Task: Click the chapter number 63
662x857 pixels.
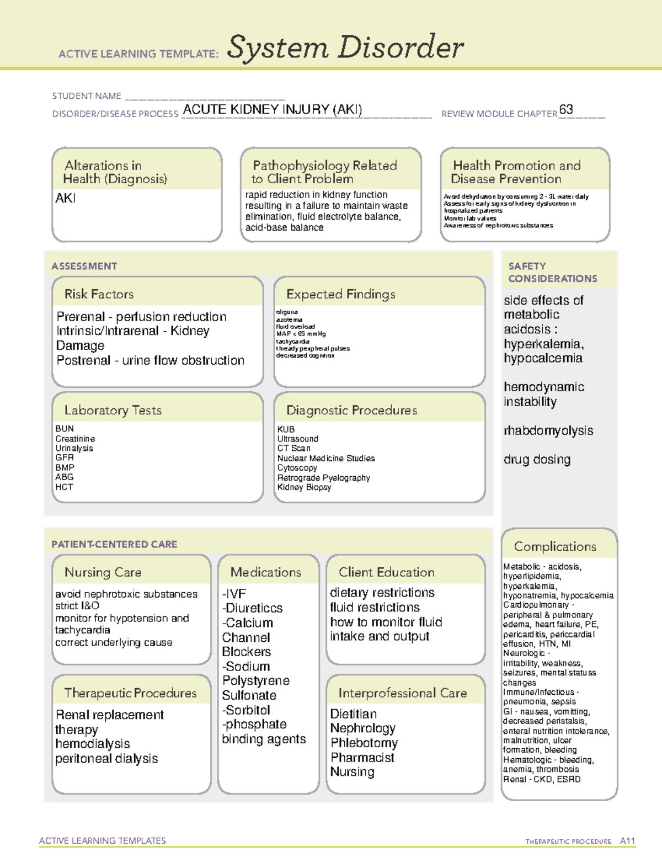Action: (x=566, y=109)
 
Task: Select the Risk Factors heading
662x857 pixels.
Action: (x=99, y=294)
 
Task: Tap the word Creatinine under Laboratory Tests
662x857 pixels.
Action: (x=75, y=439)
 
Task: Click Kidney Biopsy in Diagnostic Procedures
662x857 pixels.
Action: (x=304, y=487)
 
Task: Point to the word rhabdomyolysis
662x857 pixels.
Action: (x=548, y=430)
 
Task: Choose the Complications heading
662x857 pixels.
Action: (x=555, y=546)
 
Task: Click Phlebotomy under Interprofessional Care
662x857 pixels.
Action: (x=364, y=743)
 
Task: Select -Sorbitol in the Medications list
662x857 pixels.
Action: (x=246, y=710)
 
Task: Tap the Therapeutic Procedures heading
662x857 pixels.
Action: (x=130, y=693)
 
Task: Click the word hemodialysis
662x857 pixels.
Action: (x=93, y=744)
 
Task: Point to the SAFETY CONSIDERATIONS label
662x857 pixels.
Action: (x=552, y=272)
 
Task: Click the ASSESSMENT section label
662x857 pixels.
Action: (x=84, y=266)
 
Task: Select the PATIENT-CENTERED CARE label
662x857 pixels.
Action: (x=114, y=544)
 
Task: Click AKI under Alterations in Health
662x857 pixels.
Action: (x=66, y=198)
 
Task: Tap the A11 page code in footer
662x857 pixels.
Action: (x=627, y=840)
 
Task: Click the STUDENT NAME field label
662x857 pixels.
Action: (x=87, y=96)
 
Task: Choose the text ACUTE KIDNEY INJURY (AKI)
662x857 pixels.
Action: (x=273, y=109)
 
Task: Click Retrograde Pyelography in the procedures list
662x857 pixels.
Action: (x=323, y=478)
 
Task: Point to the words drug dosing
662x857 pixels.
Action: (x=537, y=459)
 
